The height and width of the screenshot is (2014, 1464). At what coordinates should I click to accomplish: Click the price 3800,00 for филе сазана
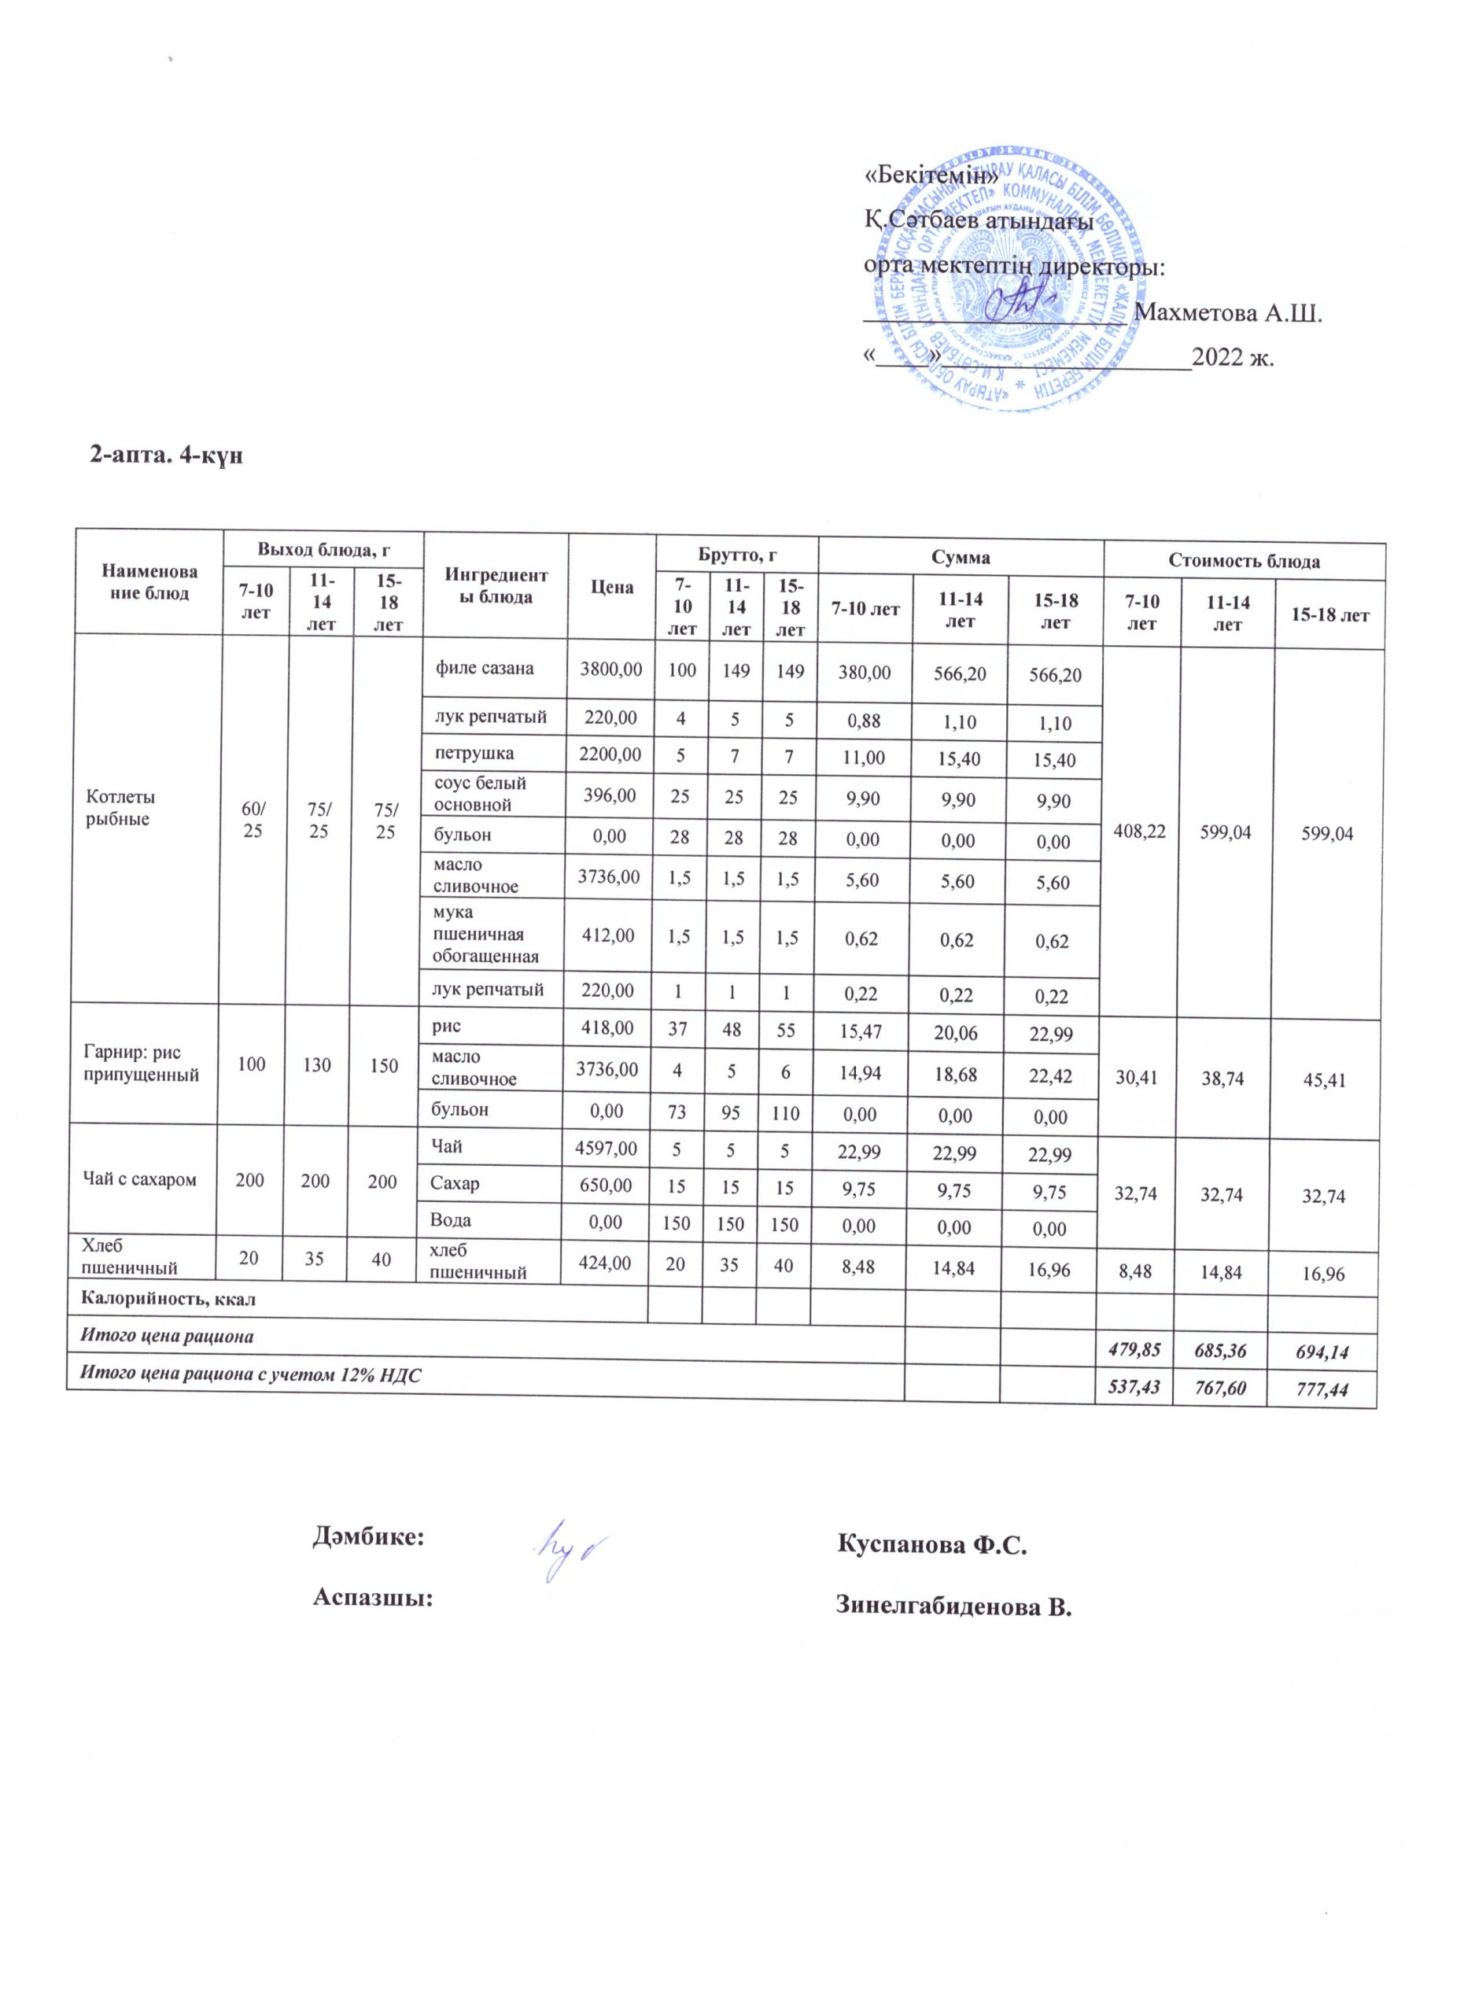pyautogui.click(x=610, y=669)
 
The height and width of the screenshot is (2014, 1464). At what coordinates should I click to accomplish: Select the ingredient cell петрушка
pyautogui.click(x=474, y=754)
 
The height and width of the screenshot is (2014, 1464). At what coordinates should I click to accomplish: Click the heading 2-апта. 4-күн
pyautogui.click(x=166, y=456)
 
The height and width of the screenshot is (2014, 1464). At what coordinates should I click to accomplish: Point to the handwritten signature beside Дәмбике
pyautogui.click(x=572, y=1549)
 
